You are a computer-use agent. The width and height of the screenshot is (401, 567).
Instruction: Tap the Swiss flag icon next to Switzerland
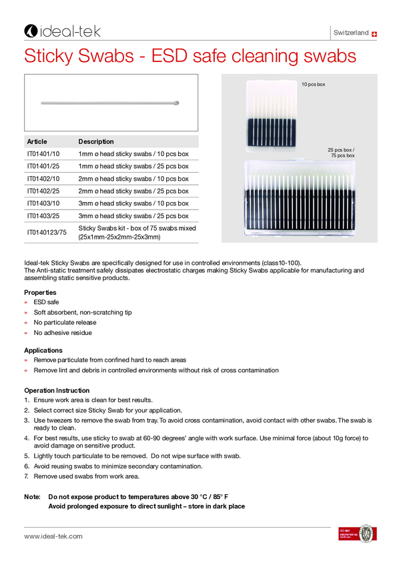(374, 33)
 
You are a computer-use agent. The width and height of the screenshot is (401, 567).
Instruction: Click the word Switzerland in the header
(350, 33)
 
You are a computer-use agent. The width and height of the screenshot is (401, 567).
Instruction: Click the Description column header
(96, 141)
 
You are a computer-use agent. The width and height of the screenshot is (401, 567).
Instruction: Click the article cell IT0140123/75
(47, 232)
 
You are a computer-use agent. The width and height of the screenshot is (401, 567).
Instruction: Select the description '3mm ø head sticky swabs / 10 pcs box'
(133, 203)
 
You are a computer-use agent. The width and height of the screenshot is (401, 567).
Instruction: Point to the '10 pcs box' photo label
(313, 85)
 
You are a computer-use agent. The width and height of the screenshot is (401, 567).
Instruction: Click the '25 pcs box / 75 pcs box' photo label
(341, 153)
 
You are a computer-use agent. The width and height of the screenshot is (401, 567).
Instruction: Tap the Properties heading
(40, 292)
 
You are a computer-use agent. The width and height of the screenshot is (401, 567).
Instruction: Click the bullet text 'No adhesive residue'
(63, 332)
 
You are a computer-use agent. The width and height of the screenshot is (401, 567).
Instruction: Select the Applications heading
(43, 350)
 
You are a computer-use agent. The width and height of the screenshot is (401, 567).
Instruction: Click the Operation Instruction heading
(57, 390)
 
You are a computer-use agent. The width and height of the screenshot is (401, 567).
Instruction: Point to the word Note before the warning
(32, 497)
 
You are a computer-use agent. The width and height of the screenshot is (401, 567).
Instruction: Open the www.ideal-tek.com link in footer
(53, 536)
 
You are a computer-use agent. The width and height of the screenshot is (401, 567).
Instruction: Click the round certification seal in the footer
(366, 534)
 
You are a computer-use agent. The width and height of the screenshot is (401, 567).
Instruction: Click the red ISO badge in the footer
(347, 534)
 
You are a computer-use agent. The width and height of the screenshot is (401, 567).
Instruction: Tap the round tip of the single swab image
(177, 103)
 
